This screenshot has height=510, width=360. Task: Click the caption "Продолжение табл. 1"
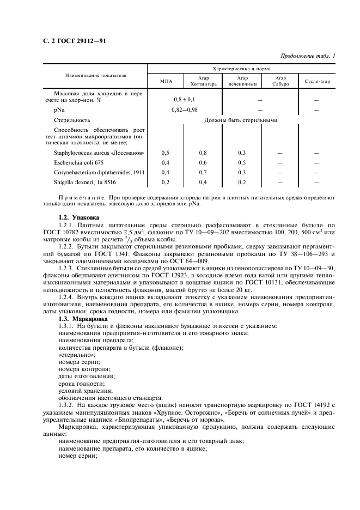[x=308, y=56]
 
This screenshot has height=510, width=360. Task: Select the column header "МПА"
[x=166, y=81]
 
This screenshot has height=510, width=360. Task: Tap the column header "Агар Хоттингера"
[x=204, y=81]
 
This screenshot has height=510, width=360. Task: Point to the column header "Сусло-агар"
[x=316, y=81]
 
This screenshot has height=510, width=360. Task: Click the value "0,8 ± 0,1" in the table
[x=184, y=100]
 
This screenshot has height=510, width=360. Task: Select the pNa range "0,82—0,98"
[x=184, y=110]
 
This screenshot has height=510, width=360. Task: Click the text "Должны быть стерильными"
[x=241, y=120]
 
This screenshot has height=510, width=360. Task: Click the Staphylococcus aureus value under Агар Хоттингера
[x=203, y=153]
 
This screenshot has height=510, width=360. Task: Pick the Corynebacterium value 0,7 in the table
[x=203, y=172]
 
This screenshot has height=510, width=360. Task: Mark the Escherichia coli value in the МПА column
[x=166, y=162]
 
